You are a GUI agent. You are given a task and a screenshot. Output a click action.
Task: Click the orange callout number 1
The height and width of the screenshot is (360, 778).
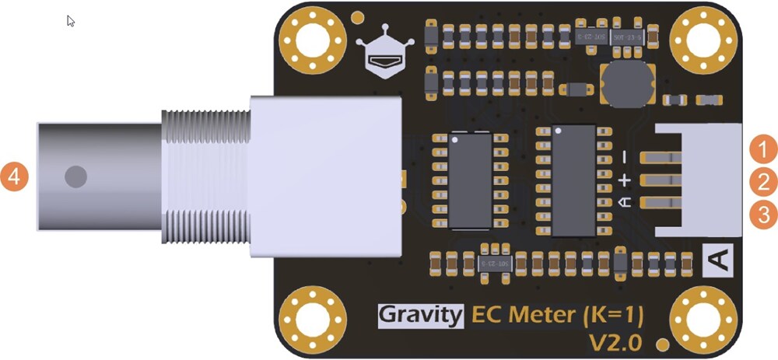(x=764, y=149)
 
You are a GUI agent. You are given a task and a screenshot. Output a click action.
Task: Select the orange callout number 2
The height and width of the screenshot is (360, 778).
(x=764, y=182)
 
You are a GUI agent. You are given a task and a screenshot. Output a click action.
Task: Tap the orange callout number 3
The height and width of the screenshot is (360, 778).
(x=764, y=214)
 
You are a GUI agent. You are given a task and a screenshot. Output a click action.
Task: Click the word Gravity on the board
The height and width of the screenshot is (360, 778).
(x=421, y=316)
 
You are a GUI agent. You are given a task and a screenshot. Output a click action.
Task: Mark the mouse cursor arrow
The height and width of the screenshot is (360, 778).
(x=71, y=21)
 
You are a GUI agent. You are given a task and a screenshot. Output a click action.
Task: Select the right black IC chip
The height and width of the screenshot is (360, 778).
(x=573, y=179)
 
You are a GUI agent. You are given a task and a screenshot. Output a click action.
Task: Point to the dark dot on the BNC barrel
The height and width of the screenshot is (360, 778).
(x=75, y=176)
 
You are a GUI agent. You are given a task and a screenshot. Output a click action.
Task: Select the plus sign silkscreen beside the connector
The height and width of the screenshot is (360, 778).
(x=624, y=180)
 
